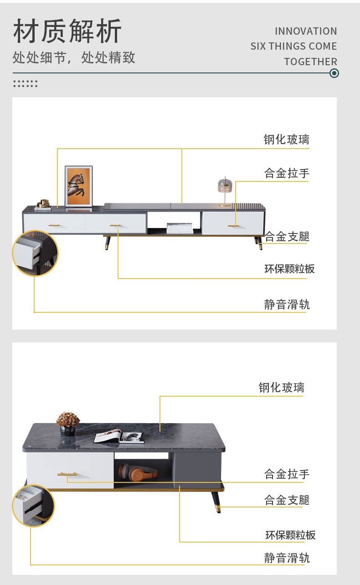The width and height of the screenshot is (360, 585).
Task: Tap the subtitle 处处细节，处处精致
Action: pyautogui.click(x=74, y=57)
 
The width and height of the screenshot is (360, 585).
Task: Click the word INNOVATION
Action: pyautogui.click(x=306, y=31)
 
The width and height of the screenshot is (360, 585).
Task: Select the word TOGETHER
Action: pyautogui.click(x=310, y=62)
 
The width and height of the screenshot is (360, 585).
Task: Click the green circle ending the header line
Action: pyautogui.click(x=334, y=73)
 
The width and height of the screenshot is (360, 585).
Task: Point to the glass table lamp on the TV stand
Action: pyautogui.click(x=225, y=191)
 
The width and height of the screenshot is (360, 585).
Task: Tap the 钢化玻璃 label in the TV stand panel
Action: pyautogui.click(x=286, y=140)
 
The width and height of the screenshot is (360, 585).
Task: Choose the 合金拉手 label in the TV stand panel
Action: pyautogui.click(x=287, y=173)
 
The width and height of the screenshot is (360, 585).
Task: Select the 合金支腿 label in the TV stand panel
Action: pyautogui.click(x=287, y=236)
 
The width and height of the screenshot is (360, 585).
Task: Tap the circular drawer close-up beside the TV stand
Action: pyautogui.click(x=35, y=253)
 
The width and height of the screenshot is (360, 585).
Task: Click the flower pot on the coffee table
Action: pyautogui.click(x=68, y=424)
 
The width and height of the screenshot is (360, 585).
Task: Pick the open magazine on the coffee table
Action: pyautogui.click(x=119, y=438)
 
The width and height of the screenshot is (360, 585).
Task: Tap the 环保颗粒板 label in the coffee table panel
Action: pyautogui.click(x=290, y=535)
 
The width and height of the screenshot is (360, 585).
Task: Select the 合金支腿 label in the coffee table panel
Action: pyautogui.click(x=287, y=500)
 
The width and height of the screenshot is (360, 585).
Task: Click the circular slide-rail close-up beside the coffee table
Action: pyautogui.click(x=33, y=506)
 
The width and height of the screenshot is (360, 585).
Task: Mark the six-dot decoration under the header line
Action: pyautogui.click(x=25, y=83)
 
